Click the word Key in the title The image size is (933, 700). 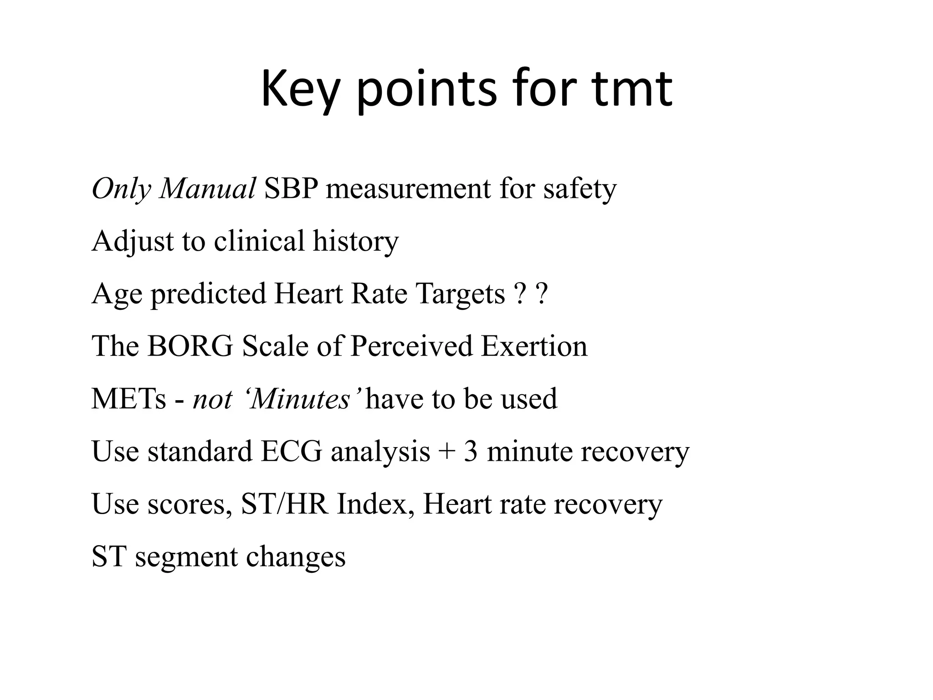(x=300, y=90)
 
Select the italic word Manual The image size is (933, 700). (x=207, y=188)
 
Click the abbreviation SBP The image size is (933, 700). (x=291, y=188)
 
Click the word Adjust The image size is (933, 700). (x=133, y=242)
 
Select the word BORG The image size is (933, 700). (x=190, y=346)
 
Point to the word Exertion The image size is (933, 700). (x=534, y=346)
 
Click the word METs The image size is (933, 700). (x=129, y=399)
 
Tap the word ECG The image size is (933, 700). (x=292, y=451)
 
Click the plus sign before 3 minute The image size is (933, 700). (x=447, y=452)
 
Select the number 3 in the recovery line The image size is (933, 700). (x=471, y=451)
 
